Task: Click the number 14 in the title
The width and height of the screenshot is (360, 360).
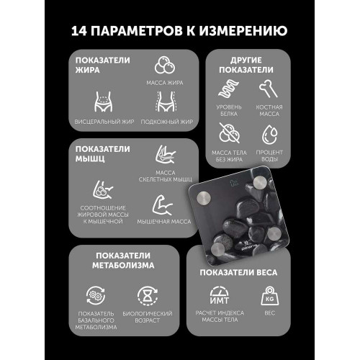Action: point(79,31)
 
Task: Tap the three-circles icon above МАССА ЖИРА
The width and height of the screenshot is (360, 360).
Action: point(165,65)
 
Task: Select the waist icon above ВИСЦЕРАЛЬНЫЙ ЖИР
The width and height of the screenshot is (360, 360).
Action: point(103,102)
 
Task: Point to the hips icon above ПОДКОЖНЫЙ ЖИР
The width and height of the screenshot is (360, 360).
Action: point(166,102)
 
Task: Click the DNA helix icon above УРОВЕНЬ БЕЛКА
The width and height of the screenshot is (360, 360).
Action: point(228,89)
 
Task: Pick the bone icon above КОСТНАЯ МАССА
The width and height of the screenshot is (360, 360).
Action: point(269,89)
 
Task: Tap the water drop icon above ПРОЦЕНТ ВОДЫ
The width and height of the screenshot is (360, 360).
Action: point(269,135)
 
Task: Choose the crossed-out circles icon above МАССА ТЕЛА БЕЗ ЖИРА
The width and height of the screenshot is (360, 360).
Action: point(230,133)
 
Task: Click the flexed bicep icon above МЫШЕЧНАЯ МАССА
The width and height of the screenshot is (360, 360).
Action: point(163,205)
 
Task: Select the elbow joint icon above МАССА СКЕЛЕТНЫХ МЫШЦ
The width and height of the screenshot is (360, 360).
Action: point(166,155)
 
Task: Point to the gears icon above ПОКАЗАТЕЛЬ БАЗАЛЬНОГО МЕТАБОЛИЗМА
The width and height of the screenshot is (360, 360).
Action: point(96,295)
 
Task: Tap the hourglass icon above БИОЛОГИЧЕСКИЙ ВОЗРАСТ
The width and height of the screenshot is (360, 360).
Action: point(148,296)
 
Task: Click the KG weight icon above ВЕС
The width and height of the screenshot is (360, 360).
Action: point(270,296)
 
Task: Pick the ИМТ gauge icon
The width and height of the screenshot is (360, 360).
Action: point(220,295)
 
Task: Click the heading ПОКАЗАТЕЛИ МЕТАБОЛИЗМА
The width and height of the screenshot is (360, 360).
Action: point(123,261)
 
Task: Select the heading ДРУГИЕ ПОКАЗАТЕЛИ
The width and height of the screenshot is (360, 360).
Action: point(246,65)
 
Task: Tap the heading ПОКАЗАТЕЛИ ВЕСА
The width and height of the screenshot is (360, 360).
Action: point(238,272)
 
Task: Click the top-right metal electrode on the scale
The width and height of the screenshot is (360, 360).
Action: point(260,183)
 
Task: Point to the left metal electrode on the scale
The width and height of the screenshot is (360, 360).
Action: point(204,198)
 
